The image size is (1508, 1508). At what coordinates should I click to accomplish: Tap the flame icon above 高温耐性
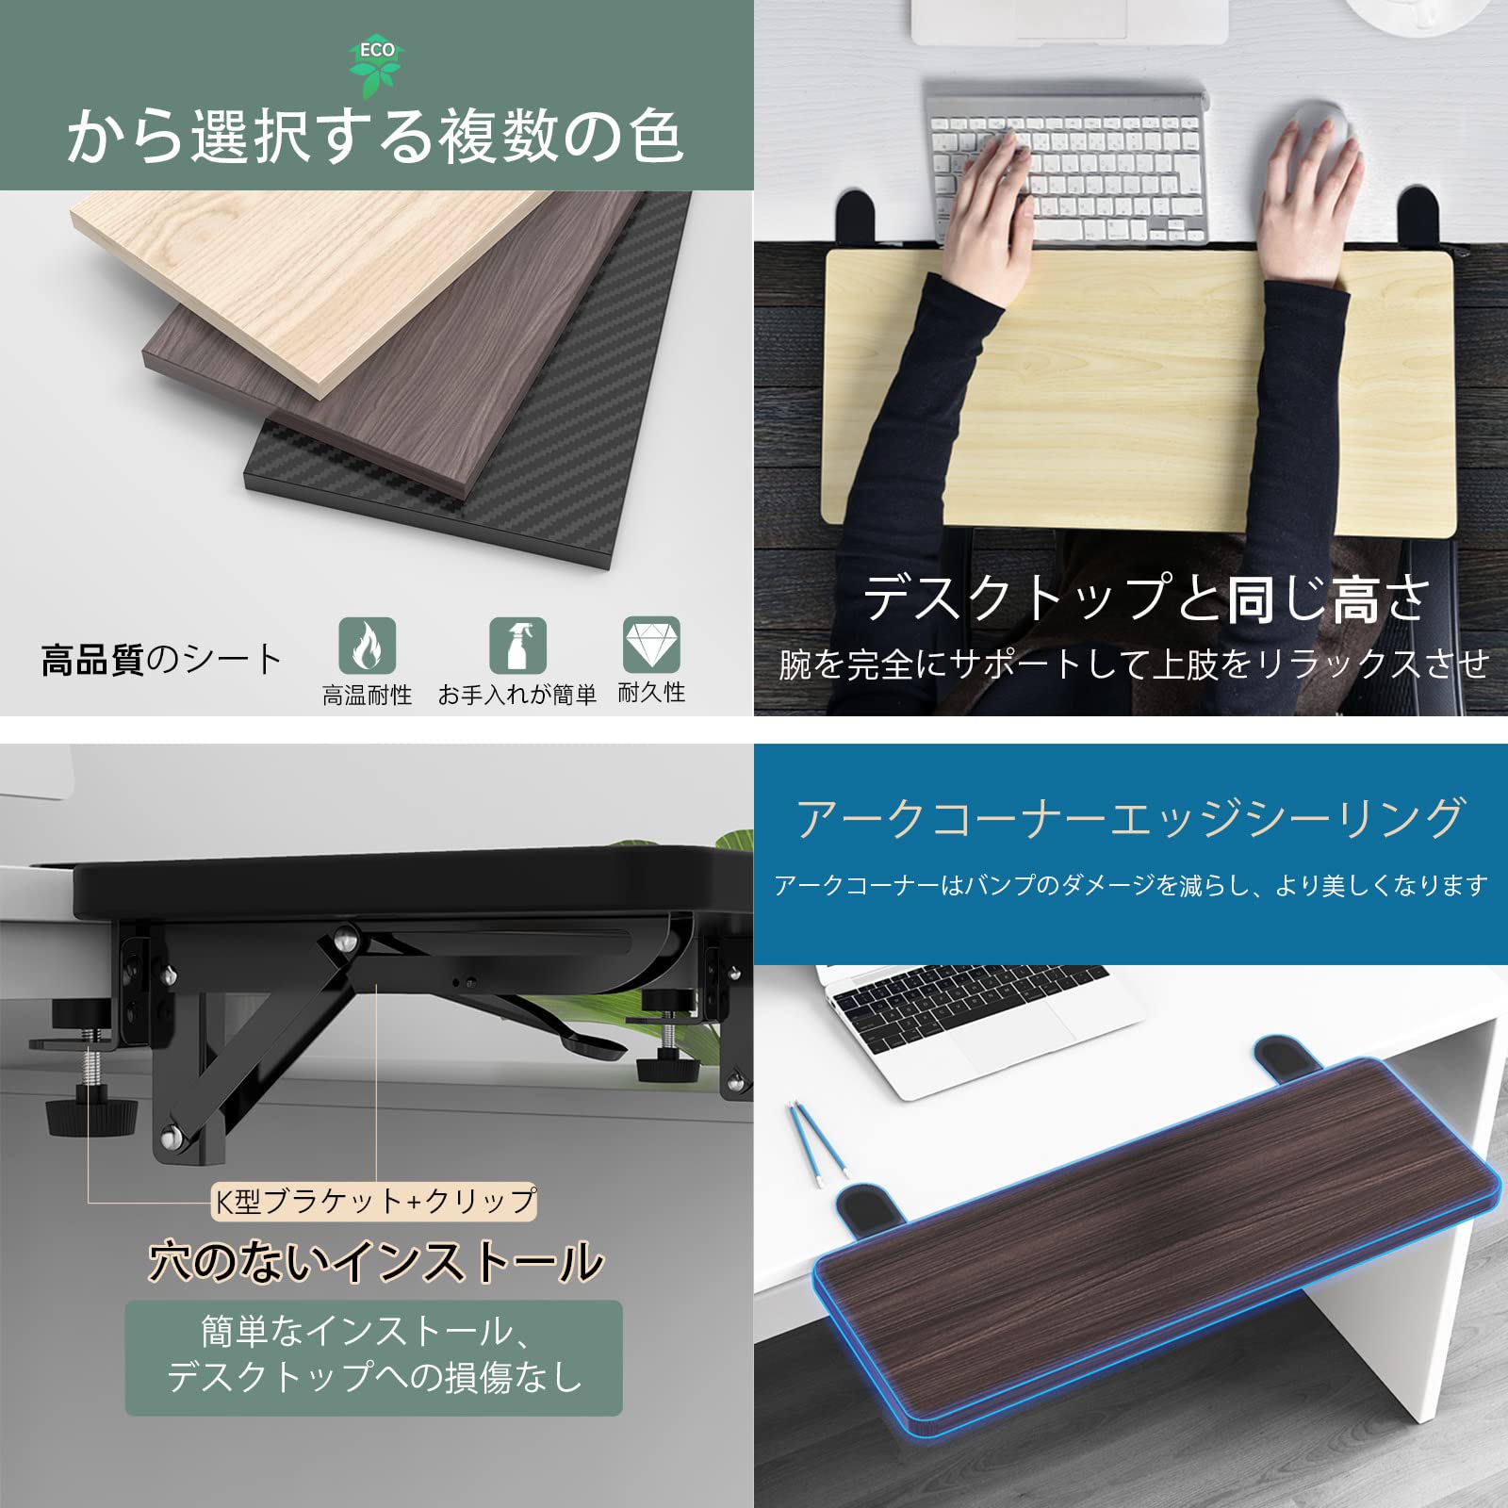click(367, 646)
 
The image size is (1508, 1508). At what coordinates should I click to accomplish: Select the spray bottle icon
click(517, 646)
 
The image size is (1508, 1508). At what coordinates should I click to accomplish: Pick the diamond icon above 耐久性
click(651, 645)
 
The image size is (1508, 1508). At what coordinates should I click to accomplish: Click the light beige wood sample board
click(283, 273)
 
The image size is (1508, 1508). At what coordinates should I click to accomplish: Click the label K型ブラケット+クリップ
click(375, 1201)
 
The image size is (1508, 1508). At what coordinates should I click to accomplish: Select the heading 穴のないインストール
click(375, 1261)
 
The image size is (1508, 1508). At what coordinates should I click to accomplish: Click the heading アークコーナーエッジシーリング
click(1130, 818)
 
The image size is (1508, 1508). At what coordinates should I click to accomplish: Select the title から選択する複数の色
click(375, 136)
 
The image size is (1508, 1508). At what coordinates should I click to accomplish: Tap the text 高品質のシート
click(161, 660)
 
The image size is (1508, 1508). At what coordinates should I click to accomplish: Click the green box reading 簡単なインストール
click(373, 1357)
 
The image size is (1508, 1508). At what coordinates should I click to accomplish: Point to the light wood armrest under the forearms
click(1131, 405)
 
